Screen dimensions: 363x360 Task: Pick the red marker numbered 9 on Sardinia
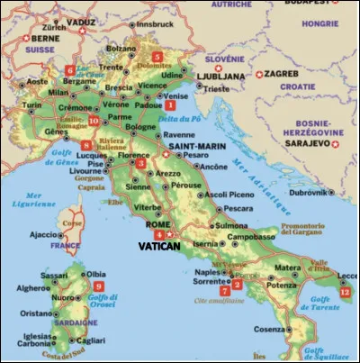pyautogui.click(x=97, y=286)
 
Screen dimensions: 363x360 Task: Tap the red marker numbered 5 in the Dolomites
pyautogui.click(x=157, y=57)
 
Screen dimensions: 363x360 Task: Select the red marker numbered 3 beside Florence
pyautogui.click(x=140, y=163)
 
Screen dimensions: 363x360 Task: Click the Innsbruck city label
pyautogui.click(x=154, y=24)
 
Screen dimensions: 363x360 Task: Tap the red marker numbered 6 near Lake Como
pyautogui.click(x=70, y=69)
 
